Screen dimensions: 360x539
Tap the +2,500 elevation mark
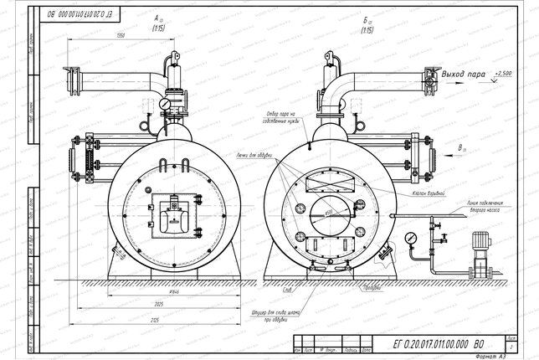(503, 75)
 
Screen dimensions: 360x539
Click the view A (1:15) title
(157, 23)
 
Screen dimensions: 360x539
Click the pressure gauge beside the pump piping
(410, 238)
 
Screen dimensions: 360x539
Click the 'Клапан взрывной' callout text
(428, 192)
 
